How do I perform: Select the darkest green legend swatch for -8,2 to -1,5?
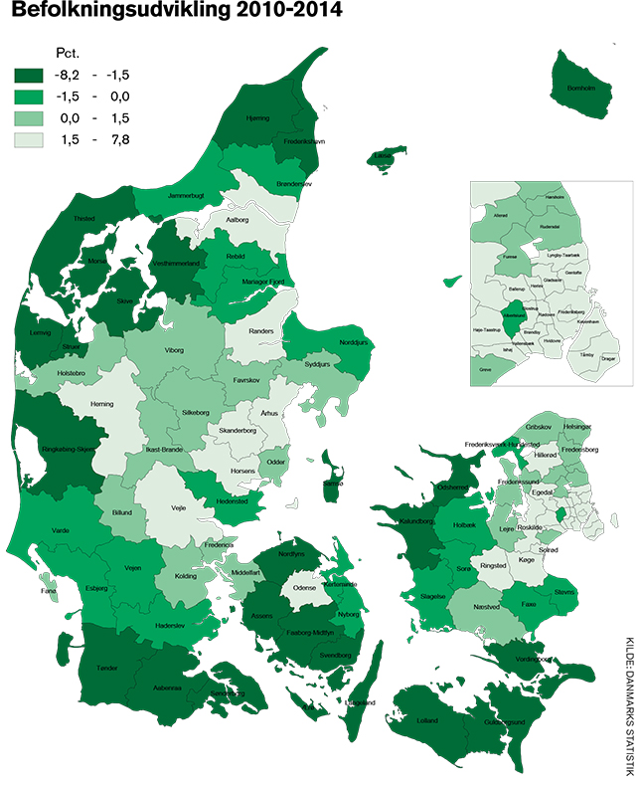coord(34,75)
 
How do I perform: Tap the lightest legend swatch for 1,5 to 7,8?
coord(34,140)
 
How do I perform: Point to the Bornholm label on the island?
coord(579,88)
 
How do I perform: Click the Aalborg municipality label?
coord(238,220)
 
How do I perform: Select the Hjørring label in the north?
coord(257,118)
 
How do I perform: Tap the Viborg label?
coord(174,351)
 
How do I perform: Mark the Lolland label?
coord(428,718)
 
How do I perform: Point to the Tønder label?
coord(107,669)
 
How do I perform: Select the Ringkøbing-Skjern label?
coord(61,449)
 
